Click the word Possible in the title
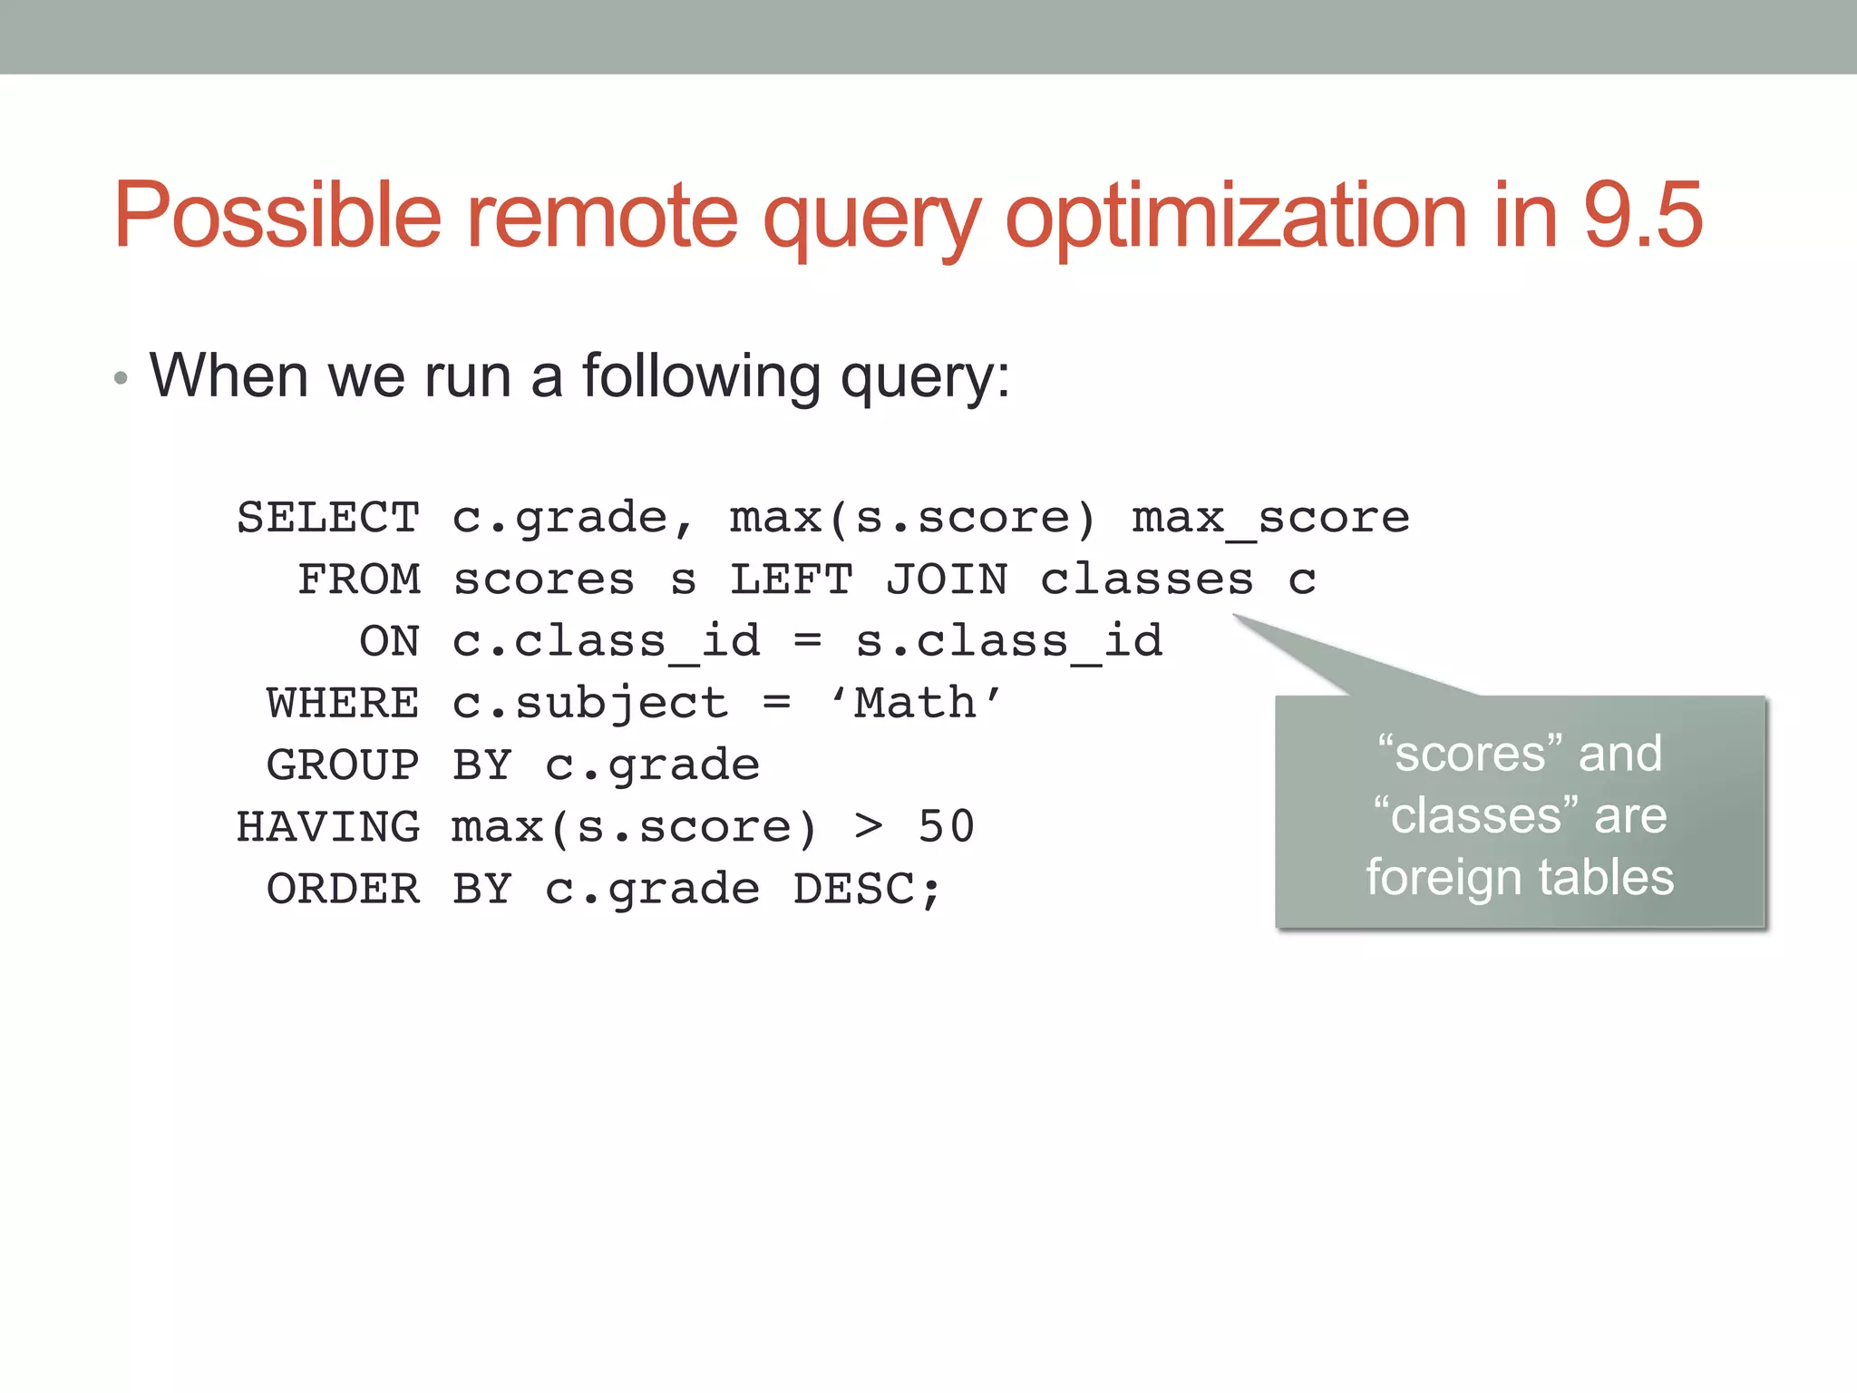277,216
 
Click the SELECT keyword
328,518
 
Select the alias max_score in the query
1270,519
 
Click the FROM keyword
359,580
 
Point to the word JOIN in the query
946,580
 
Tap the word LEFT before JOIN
792,580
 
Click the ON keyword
390,642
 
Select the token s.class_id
1008,642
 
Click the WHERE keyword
343,704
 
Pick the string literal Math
916,704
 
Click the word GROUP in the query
343,765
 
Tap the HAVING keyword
328,827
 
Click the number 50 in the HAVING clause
946,827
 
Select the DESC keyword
853,889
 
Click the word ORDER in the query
343,889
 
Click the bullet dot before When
121,379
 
